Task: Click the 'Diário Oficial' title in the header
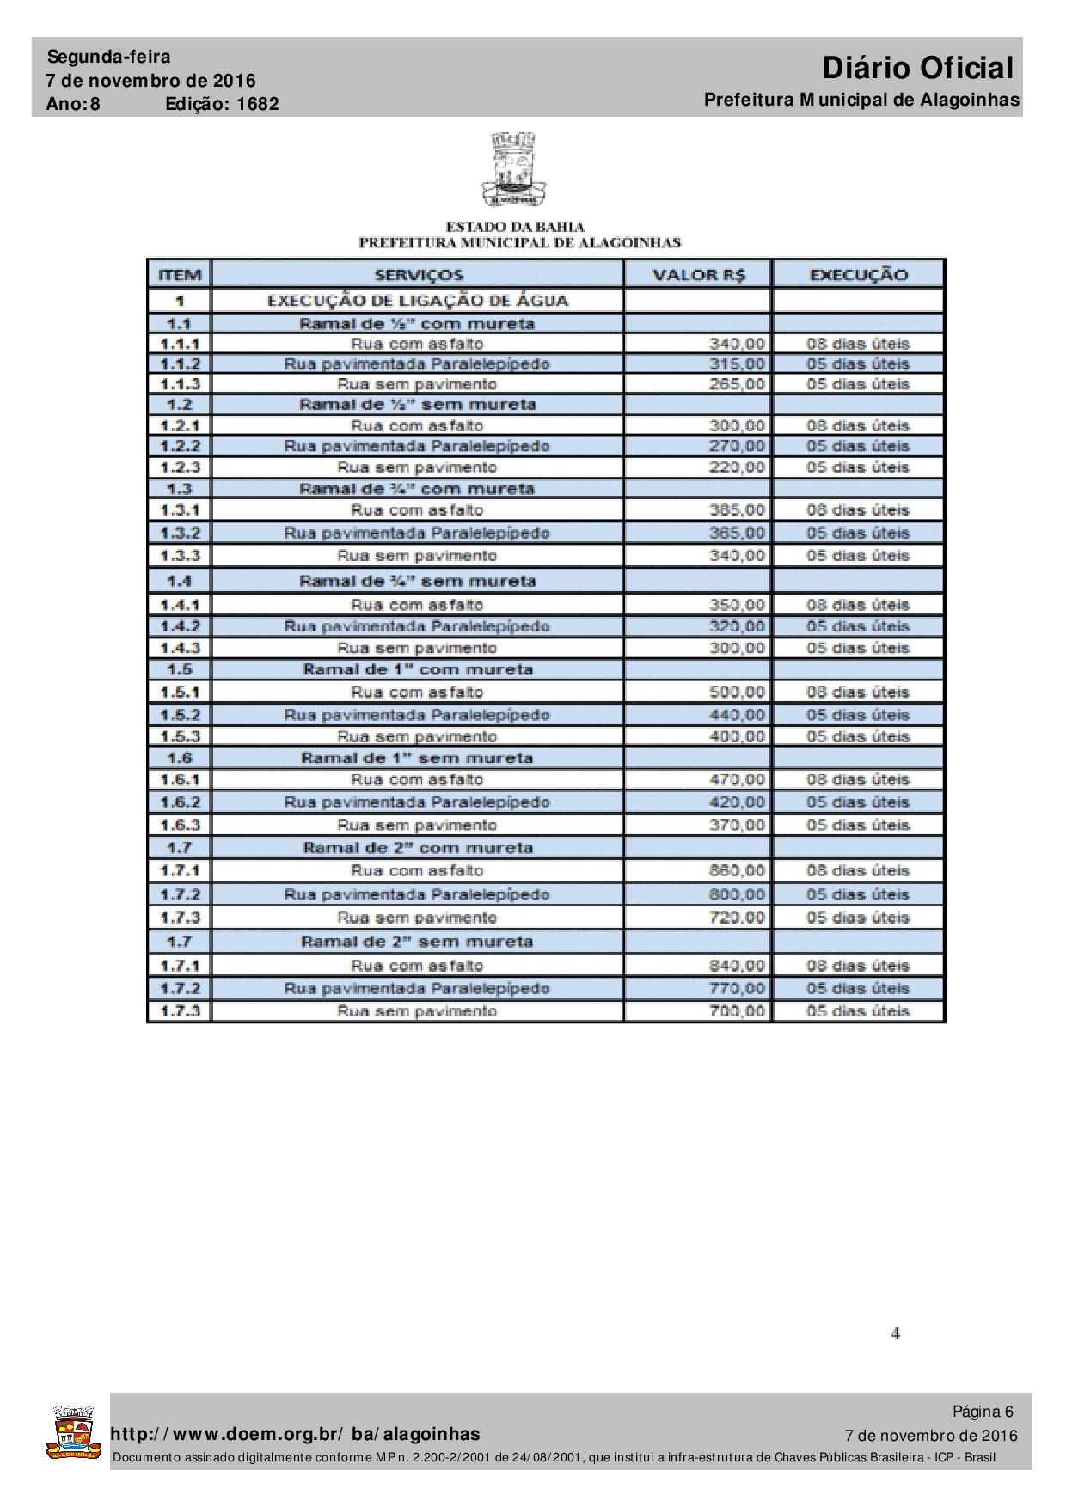tap(917, 68)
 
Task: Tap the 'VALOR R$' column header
tap(699, 275)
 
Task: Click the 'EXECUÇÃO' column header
tap(858, 275)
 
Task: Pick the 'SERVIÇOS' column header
tap(418, 275)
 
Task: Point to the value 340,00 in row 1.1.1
tap(736, 344)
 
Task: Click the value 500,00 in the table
tap(736, 692)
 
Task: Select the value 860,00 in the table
tap(736, 870)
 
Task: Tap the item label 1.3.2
tap(179, 533)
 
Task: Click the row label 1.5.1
tap(179, 692)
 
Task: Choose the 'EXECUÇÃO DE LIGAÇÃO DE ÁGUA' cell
tap(418, 301)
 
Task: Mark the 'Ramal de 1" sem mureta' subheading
tap(418, 758)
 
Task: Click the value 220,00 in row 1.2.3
tap(736, 467)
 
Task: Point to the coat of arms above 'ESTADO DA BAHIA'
tap(514, 168)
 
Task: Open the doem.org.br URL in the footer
tap(296, 1434)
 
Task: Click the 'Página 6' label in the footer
tap(982, 1412)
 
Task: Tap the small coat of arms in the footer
tap(73, 1433)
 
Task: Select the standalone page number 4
tap(895, 1334)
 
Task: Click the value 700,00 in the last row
tap(736, 1011)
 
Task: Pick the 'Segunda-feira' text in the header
tap(108, 58)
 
